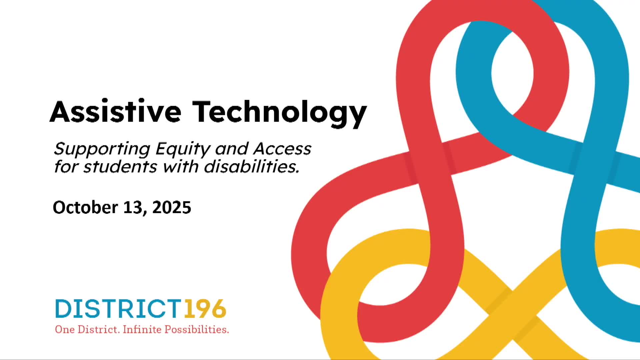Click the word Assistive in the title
coord(115,112)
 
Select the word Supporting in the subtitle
coord(102,149)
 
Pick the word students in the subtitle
coord(120,166)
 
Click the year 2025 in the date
coord(172,207)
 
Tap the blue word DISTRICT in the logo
coord(118,309)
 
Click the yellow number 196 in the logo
coord(205,309)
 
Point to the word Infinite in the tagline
coord(142,329)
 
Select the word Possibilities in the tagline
coord(197,330)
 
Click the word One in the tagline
coord(65,329)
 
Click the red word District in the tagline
coord(98,329)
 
